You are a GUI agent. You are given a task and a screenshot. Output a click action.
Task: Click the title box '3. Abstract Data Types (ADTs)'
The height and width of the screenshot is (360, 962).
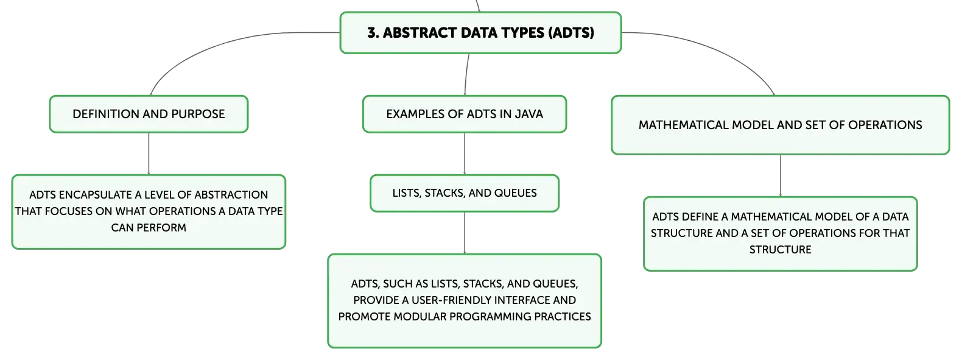[480, 33]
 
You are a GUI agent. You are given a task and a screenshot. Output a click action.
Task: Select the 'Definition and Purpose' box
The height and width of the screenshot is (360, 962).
[149, 114]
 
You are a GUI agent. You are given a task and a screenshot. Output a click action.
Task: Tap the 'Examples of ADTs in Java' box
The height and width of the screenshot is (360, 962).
[464, 114]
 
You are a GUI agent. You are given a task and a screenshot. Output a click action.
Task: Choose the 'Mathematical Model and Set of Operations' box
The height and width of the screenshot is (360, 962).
[781, 125]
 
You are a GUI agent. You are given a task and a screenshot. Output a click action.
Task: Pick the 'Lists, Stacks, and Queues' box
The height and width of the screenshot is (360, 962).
[464, 193]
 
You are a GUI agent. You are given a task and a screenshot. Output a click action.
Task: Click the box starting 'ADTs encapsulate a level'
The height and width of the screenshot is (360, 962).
[149, 212]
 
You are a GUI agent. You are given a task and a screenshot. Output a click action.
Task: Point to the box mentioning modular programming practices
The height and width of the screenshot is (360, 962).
[464, 301]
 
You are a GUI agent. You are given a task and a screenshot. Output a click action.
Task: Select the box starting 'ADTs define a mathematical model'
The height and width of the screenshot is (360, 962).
[781, 234]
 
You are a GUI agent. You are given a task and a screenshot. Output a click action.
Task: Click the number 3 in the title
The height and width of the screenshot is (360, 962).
[372, 33]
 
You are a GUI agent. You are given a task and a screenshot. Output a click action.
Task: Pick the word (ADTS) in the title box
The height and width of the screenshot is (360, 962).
[571, 33]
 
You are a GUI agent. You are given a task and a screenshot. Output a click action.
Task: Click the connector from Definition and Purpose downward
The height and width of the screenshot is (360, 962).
[149, 154]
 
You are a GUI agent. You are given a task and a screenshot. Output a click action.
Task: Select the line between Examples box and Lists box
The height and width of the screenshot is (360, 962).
[464, 154]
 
